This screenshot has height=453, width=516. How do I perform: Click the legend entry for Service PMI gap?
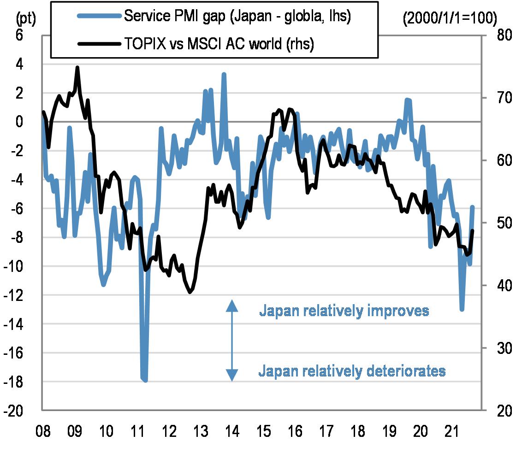tap(237, 16)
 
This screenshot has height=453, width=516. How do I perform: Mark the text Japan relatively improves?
tap(344, 311)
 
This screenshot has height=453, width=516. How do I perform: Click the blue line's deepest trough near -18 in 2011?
tap(145, 380)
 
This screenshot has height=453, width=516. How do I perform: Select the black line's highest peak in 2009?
tap(77, 68)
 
